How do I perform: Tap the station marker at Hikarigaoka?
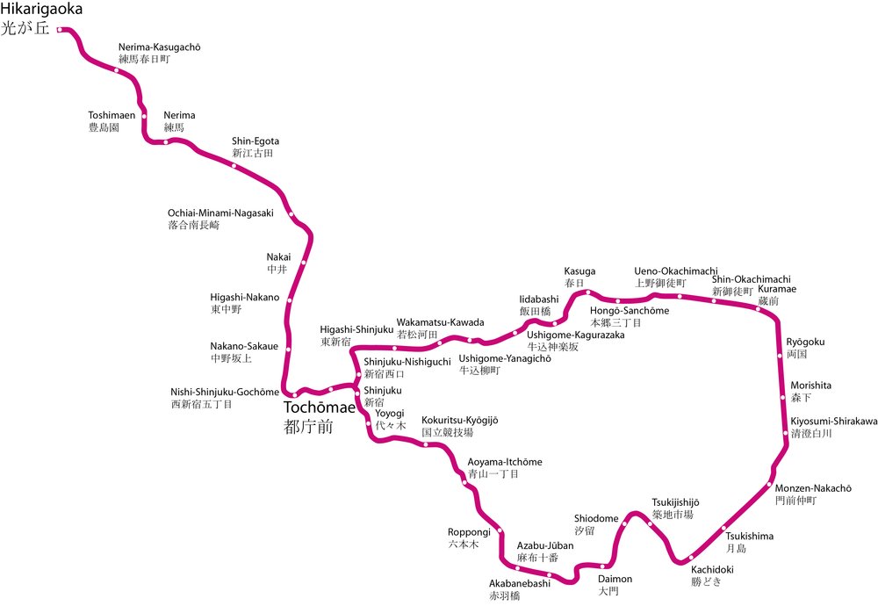(60, 30)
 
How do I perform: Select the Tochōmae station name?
(319, 408)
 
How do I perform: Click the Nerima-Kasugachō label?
(159, 47)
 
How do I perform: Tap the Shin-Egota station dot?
(234, 165)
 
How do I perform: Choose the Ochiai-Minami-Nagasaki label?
(220, 213)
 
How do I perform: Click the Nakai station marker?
(304, 262)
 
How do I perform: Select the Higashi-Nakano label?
(244, 297)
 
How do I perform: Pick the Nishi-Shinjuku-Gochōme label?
(224, 393)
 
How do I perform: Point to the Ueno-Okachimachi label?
(676, 270)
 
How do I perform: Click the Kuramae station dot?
(758, 307)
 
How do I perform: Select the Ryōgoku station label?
(805, 342)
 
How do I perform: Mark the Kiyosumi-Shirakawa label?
(833, 422)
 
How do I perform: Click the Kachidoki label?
(711, 569)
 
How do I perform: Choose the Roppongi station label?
(468, 532)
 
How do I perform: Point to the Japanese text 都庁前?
(308, 428)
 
